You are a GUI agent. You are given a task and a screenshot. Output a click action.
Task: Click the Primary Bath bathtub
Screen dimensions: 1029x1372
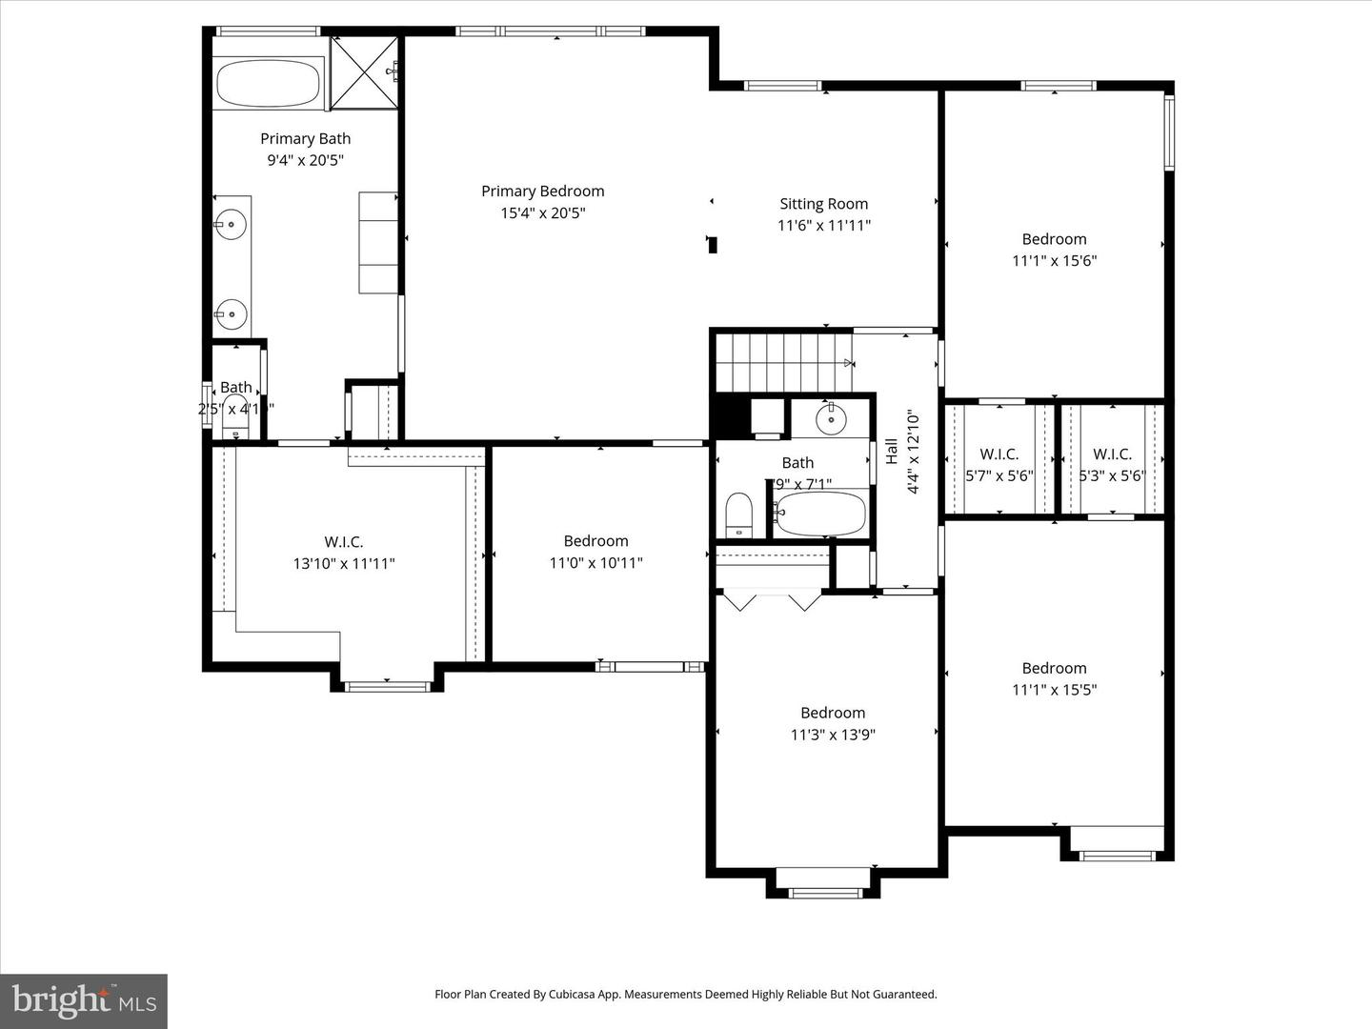[268, 84]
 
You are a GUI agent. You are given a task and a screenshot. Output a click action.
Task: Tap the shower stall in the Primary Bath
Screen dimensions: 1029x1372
[364, 72]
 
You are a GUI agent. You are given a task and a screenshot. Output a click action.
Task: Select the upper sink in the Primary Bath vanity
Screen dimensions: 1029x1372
[230, 225]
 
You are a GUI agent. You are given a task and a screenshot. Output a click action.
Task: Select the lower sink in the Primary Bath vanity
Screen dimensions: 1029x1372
[230, 313]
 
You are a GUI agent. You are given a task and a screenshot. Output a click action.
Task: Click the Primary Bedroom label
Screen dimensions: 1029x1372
[542, 192]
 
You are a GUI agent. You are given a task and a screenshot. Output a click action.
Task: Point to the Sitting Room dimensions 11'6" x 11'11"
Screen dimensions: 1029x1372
[823, 225]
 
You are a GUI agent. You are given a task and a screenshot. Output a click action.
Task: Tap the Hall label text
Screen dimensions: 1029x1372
[891, 451]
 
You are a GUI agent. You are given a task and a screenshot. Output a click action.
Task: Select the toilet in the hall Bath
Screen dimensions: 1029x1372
[739, 514]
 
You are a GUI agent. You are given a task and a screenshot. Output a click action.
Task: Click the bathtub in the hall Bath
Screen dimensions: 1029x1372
[820, 514]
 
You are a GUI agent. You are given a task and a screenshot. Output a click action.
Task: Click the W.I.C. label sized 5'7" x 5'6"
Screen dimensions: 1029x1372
[999, 454]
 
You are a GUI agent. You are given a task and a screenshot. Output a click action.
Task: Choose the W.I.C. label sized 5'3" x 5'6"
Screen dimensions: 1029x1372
[1112, 454]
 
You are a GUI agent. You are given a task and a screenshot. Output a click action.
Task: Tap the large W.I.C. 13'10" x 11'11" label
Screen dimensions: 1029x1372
[343, 542]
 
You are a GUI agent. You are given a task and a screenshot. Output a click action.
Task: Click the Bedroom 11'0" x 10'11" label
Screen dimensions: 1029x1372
[595, 541]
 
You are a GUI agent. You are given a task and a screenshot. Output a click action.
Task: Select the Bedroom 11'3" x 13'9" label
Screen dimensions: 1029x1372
[832, 713]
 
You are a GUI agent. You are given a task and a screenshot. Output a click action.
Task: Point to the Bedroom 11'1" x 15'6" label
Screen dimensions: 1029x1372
[1054, 239]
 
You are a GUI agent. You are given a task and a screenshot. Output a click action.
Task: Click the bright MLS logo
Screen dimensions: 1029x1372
[84, 1000]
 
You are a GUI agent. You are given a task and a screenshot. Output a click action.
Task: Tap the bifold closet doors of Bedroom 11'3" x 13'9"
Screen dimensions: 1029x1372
[772, 600]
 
